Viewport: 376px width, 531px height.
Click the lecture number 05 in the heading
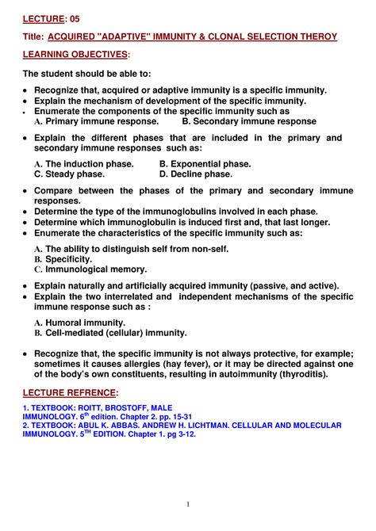click(x=74, y=17)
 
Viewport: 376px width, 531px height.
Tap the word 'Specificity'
click(x=69, y=259)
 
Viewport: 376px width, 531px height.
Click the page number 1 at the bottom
click(x=188, y=505)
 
